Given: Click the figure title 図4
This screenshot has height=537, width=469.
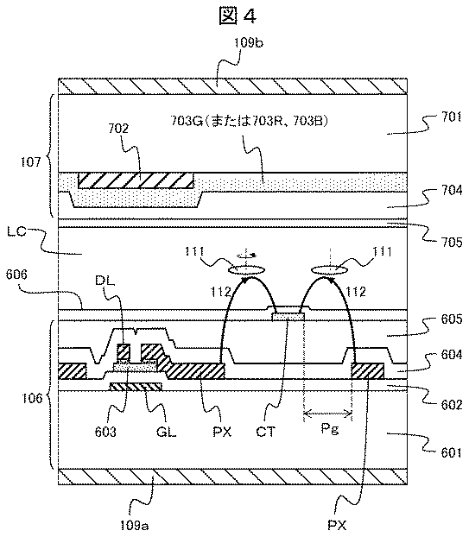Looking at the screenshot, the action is tap(237, 16).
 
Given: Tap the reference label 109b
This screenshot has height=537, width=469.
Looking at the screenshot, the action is tap(249, 43).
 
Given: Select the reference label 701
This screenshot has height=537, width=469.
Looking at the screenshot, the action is tap(450, 117).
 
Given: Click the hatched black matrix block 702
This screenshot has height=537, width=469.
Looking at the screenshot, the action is tap(136, 180).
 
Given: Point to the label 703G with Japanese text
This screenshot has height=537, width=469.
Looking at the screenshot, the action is tap(249, 122).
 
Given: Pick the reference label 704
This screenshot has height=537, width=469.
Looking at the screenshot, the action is tap(450, 190).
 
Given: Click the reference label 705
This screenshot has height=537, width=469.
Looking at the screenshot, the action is tap(450, 242).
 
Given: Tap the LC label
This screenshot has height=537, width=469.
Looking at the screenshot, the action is tap(16, 231).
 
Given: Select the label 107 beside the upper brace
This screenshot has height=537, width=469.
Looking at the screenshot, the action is tap(30, 162).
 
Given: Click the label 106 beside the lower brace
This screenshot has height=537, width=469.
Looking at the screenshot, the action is tap(31, 398).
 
